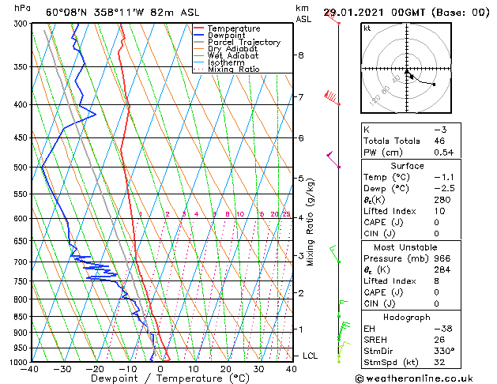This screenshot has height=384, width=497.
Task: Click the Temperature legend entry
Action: (x=234, y=28)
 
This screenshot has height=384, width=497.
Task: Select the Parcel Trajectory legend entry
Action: (x=243, y=43)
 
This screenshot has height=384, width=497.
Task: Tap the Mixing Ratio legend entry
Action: (x=234, y=70)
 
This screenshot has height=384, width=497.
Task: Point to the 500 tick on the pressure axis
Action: (x=19, y=168)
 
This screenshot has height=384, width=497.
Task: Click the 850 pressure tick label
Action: (x=19, y=317)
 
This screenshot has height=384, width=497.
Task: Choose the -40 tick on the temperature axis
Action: (x=31, y=368)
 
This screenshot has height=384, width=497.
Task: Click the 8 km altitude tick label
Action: (x=301, y=55)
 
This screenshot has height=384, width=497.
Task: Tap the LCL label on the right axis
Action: (x=310, y=356)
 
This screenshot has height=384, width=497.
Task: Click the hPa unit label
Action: (x=23, y=8)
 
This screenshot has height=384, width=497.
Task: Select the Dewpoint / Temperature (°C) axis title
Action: (x=160, y=378)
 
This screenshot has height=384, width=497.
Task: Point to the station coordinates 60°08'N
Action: (x=67, y=13)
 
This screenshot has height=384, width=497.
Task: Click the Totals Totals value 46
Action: (x=440, y=141)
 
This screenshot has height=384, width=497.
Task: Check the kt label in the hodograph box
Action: (x=367, y=28)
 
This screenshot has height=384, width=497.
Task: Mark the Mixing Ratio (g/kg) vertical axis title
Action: (x=311, y=221)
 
